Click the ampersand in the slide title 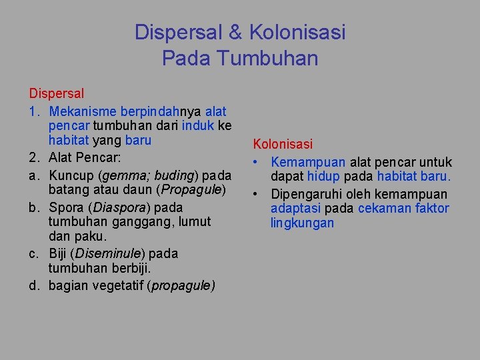pos(238,32)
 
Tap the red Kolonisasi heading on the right pos(283,144)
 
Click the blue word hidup pos(325,177)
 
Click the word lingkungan pos(302,224)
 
